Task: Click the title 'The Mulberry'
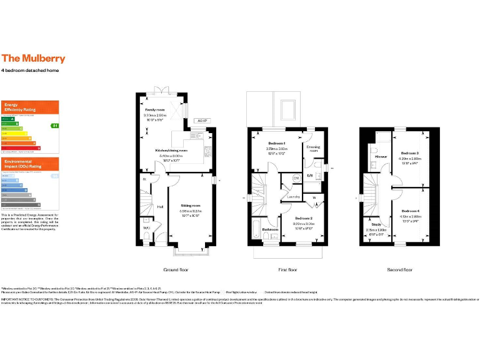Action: [x=33, y=59]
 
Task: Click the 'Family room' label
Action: [x=155, y=109]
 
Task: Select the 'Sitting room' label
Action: [x=191, y=205]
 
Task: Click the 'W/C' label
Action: [x=146, y=227]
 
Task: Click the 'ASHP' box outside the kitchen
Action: [x=201, y=121]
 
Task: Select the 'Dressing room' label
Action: [x=313, y=149]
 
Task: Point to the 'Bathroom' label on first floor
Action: [x=270, y=229]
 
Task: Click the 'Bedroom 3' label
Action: [x=410, y=153]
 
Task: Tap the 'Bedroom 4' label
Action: [x=410, y=211]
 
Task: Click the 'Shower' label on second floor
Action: [x=381, y=156]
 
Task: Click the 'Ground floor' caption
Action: [x=176, y=270]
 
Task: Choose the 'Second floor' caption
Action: [x=399, y=270]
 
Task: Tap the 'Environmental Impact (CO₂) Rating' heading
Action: [x=23, y=164]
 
